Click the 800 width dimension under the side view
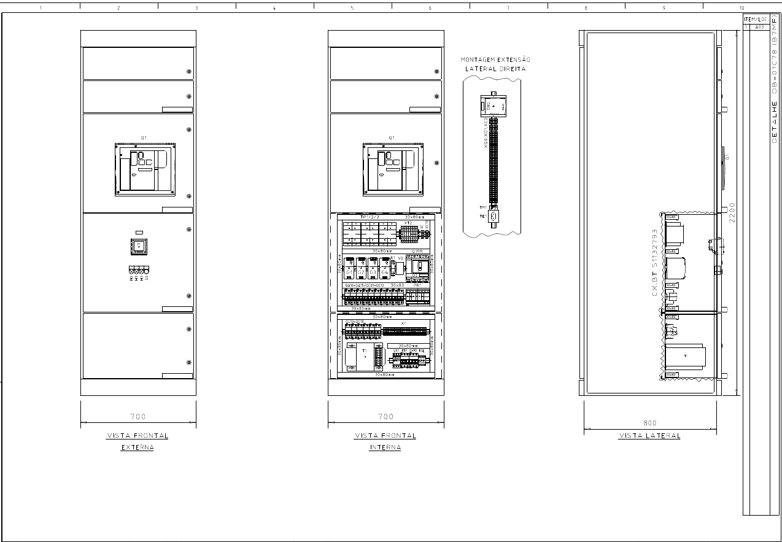click(649, 423)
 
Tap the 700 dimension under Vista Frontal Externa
click(138, 417)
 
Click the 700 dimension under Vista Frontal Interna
click(385, 417)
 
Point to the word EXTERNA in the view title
click(137, 447)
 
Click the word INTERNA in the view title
click(385, 447)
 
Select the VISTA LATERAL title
click(649, 436)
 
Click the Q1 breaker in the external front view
click(145, 169)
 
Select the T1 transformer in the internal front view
click(365, 355)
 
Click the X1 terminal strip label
click(403, 323)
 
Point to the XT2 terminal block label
click(408, 223)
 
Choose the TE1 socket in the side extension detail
click(492, 216)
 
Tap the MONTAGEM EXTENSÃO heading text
click(495, 60)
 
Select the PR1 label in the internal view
click(417, 285)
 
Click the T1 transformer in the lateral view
click(686, 356)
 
